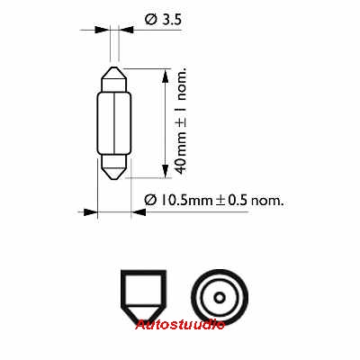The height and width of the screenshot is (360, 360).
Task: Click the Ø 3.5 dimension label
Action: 163,20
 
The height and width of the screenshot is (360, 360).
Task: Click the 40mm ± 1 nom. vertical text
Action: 181,121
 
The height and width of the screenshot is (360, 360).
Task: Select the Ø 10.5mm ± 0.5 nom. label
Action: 214,200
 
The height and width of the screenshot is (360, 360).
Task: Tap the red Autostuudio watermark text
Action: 180,325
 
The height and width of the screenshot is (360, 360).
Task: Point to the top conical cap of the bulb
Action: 113,79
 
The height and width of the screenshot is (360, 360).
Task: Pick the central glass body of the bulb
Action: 114,123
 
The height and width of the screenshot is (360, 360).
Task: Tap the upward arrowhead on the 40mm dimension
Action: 165,76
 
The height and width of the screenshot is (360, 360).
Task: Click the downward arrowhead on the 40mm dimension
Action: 165,171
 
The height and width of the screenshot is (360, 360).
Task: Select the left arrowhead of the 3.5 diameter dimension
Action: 101,30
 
